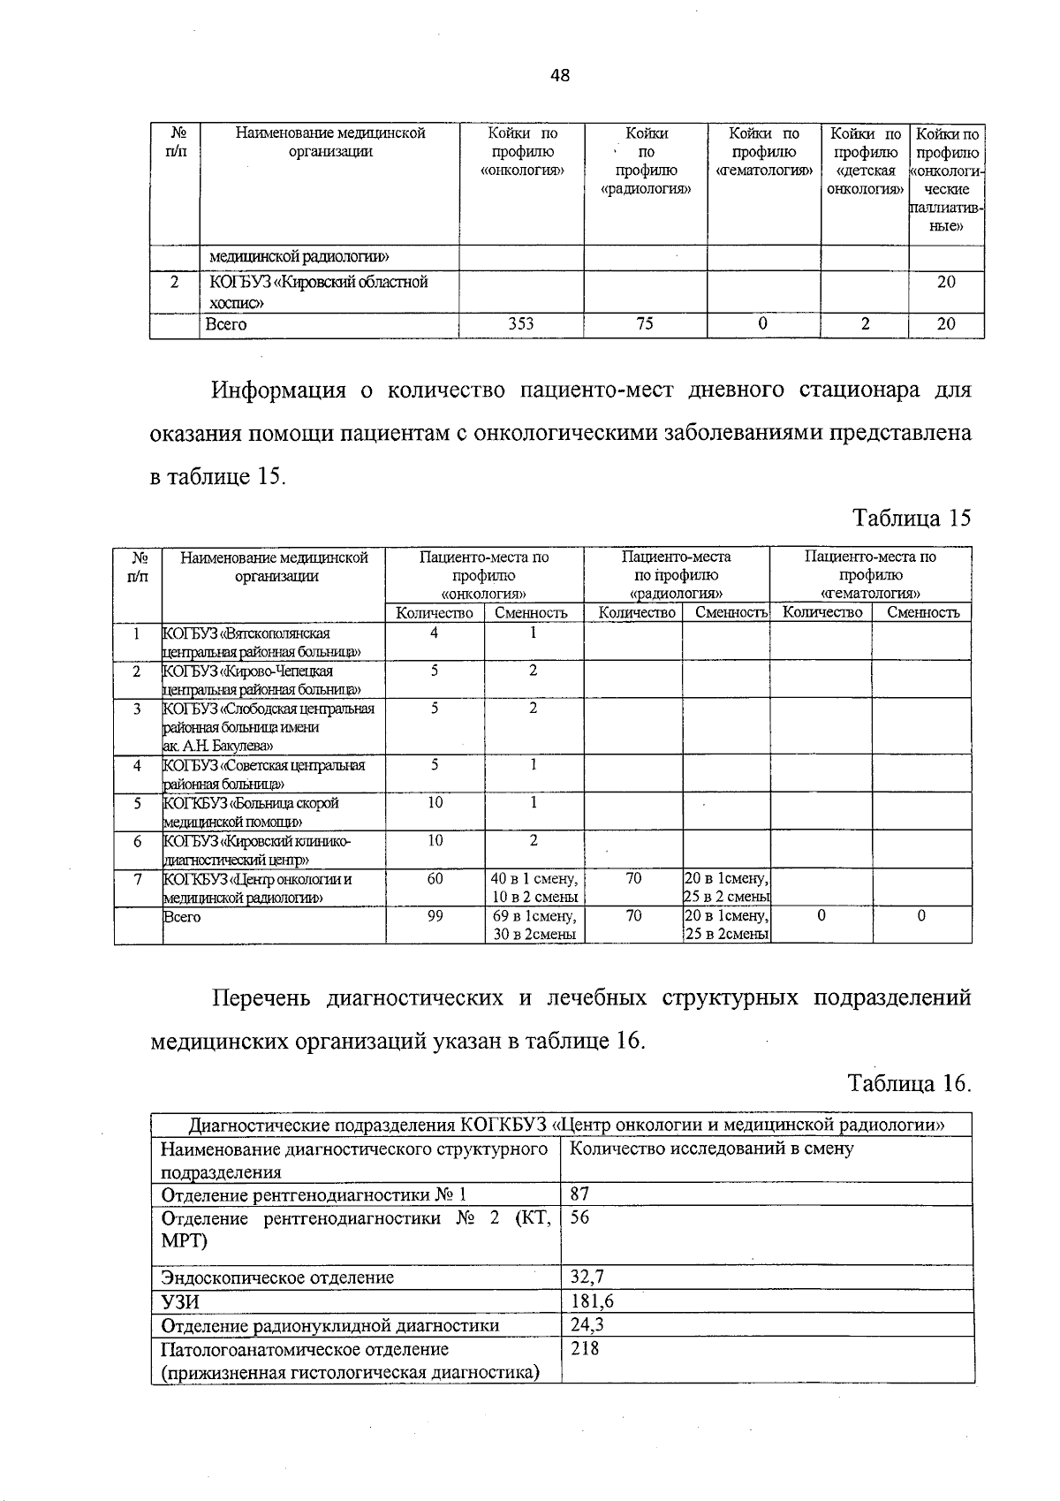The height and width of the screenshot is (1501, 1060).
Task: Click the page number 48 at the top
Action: coord(560,76)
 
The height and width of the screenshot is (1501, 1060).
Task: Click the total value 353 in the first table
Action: coord(521,324)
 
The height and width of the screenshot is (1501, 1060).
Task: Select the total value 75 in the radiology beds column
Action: coord(645,324)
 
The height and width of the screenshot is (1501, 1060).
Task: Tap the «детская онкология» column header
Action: coord(865,161)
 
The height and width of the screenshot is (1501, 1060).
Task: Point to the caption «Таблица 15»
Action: coord(912,518)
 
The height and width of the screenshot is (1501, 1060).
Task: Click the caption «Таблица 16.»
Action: coord(910,1083)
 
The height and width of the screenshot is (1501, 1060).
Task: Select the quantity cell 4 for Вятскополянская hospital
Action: coord(435,633)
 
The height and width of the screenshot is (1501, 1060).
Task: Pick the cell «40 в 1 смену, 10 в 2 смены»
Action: coord(534,888)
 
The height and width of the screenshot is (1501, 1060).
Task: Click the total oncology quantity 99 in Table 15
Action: coord(435,917)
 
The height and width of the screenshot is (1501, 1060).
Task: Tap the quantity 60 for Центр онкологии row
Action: coord(435,879)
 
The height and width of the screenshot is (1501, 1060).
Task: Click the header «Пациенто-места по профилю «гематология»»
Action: coord(870,574)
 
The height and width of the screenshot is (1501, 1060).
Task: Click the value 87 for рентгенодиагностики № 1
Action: coord(579,1194)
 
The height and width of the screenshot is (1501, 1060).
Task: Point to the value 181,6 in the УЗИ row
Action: coord(592,1301)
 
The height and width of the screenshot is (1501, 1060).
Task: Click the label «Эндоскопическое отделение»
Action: coord(277,1277)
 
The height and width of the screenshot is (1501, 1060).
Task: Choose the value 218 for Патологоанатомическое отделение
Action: coord(584,1349)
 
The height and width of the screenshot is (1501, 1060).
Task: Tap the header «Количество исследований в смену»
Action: coord(712,1148)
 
